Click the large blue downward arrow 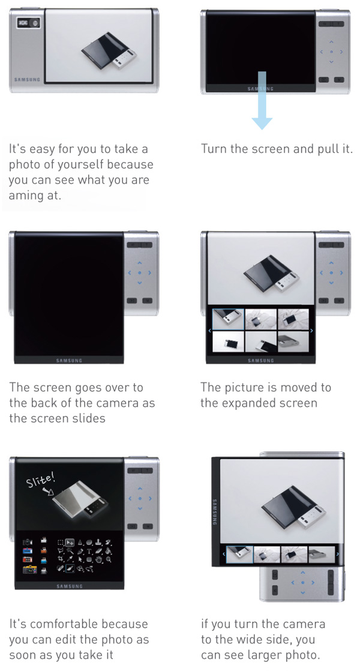coord(262,100)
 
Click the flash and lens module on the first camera coord(28,23)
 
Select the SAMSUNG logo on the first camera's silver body coord(27,79)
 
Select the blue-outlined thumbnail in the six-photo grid coord(229,319)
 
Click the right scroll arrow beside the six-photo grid coord(311,330)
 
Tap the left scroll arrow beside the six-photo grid coord(209,330)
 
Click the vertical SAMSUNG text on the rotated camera coord(214,512)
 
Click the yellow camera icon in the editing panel coord(30,570)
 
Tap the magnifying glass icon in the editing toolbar coord(109,559)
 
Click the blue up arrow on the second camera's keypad coord(331,42)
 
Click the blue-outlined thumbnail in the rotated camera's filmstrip coord(239,555)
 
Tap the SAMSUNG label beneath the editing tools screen coord(69,586)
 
